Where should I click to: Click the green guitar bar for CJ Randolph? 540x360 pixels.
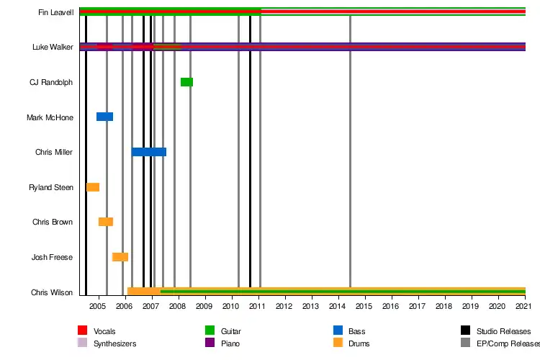click(x=186, y=82)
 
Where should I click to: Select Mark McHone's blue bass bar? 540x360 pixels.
click(x=104, y=117)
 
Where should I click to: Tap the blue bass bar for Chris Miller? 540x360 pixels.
click(x=149, y=152)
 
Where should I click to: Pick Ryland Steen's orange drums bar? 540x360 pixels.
click(x=93, y=187)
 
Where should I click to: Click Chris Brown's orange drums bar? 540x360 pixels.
click(x=106, y=222)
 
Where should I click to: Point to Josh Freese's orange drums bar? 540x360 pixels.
click(x=120, y=257)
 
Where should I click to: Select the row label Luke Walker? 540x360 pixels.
click(x=53, y=48)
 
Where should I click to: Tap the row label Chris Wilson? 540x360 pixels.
click(x=52, y=292)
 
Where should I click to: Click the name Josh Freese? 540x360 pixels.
click(x=52, y=257)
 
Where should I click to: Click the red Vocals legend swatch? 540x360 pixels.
click(x=82, y=331)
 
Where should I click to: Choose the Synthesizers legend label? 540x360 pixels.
click(x=115, y=343)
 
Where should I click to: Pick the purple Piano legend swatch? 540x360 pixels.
click(x=210, y=343)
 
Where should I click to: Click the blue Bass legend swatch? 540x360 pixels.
click(x=338, y=331)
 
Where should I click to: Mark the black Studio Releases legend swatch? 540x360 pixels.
click(x=465, y=331)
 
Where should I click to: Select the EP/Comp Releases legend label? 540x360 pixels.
click(x=504, y=343)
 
